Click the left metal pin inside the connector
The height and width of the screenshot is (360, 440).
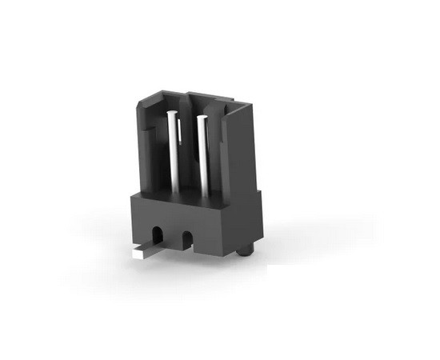(172, 152)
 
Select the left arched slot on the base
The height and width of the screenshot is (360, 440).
(158, 236)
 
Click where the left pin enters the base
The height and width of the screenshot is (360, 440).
(172, 191)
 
